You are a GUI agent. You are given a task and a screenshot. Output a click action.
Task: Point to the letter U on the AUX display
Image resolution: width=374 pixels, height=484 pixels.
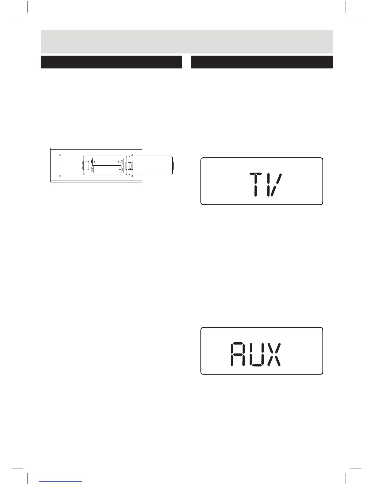click(256, 354)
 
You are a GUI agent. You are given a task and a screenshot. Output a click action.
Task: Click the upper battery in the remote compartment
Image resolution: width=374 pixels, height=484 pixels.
click(107, 161)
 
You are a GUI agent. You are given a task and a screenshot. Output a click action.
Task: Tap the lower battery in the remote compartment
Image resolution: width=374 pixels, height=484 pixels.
click(107, 169)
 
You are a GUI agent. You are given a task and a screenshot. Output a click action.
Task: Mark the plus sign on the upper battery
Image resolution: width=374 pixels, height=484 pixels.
click(95, 161)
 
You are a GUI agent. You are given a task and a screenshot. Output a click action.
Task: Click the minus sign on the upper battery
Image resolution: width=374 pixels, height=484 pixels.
click(118, 161)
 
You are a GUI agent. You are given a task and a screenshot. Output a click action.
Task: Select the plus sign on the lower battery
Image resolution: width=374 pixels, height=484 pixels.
click(120, 169)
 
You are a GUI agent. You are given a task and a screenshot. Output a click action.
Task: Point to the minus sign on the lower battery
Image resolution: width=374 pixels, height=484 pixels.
click(96, 169)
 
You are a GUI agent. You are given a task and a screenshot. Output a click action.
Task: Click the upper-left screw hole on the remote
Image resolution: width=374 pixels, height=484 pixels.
click(60, 155)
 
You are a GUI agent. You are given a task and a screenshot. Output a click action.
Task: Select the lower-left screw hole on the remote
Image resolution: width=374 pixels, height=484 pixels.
click(60, 176)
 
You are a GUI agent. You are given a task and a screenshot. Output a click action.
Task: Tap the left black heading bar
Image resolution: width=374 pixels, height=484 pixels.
click(111, 62)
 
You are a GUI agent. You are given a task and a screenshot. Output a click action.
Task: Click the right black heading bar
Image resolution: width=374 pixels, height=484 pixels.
click(262, 62)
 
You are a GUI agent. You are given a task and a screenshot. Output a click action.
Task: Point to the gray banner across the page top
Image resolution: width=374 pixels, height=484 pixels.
click(186, 42)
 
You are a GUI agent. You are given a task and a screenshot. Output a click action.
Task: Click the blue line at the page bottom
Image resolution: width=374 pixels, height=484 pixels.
click(61, 482)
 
